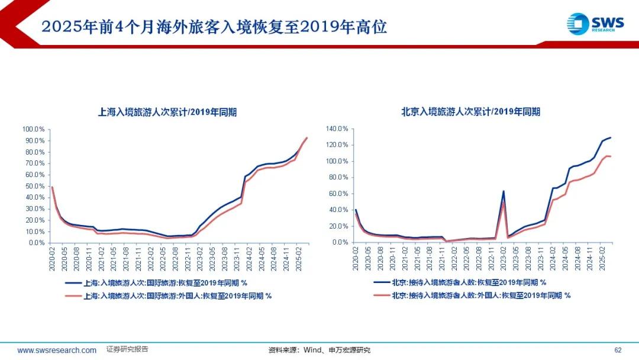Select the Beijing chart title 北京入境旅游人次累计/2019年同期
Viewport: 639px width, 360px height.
click(x=470, y=111)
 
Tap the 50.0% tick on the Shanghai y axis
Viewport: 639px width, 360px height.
click(x=34, y=186)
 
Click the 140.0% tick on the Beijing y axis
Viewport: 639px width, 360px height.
click(x=338, y=129)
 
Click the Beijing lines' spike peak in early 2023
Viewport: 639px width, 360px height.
click(x=503, y=191)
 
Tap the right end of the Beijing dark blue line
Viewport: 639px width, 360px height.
click(x=611, y=137)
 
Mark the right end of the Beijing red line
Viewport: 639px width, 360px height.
click(x=611, y=156)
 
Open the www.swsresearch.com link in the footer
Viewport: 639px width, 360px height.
click(x=57, y=351)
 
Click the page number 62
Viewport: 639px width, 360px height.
click(x=618, y=350)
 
